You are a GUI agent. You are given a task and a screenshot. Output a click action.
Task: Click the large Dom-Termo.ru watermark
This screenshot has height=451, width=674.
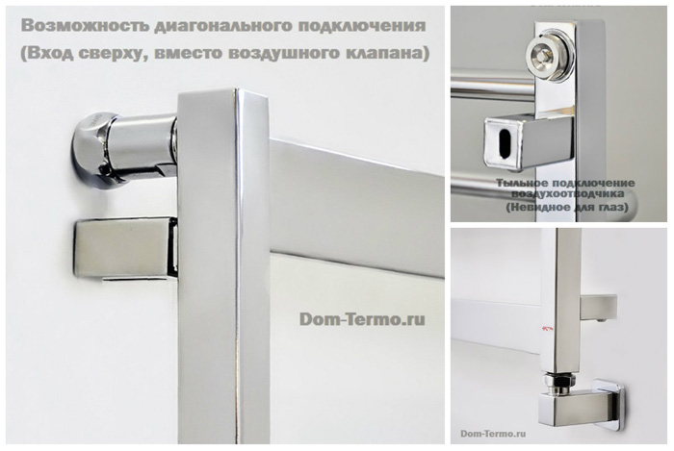click(x=362, y=319)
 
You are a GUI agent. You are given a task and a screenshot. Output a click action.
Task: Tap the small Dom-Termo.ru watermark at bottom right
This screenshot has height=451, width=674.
click(x=493, y=434)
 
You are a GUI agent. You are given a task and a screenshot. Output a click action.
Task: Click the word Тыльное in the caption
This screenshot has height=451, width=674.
click(x=522, y=184)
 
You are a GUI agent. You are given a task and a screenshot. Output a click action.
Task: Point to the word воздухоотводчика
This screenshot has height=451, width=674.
click(x=567, y=193)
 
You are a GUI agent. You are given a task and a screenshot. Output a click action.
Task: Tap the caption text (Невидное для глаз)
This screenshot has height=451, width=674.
click(x=567, y=208)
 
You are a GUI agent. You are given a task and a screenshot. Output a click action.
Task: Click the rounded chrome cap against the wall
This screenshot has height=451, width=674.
click(x=91, y=150)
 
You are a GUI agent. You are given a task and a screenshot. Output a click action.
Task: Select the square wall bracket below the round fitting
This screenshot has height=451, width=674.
click(x=125, y=247)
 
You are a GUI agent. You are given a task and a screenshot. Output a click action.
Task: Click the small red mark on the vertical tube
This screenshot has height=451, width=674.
click(x=546, y=328)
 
